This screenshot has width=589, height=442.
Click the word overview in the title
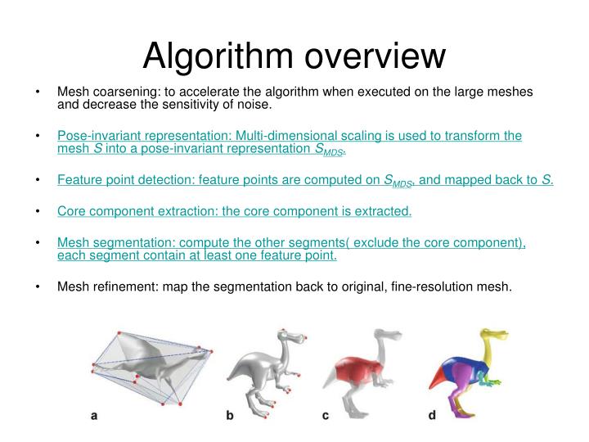pyautogui.click(x=375, y=56)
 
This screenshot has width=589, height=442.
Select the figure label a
pyautogui.click(x=94, y=416)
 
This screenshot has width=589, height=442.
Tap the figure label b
pyautogui.click(x=230, y=416)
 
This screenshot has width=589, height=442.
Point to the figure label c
pyautogui.click(x=326, y=416)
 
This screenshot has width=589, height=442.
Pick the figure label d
pyautogui.click(x=432, y=416)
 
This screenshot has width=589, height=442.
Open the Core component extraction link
pyautogui.click(x=234, y=211)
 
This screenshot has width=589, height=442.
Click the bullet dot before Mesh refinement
pyautogui.click(x=39, y=286)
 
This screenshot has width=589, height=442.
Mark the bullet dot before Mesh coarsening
pyautogui.click(x=39, y=92)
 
